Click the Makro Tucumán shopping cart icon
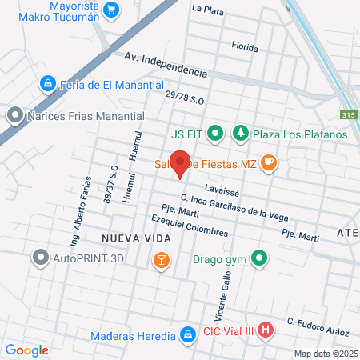click(111, 10)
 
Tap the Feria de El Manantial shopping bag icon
click(47, 83)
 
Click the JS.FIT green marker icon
click(214, 134)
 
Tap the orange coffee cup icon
click(269, 164)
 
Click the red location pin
click(181, 163)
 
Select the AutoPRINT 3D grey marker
click(41, 258)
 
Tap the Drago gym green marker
click(258, 258)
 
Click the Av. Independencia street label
click(166, 64)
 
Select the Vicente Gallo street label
click(221, 293)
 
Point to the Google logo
click(27, 350)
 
